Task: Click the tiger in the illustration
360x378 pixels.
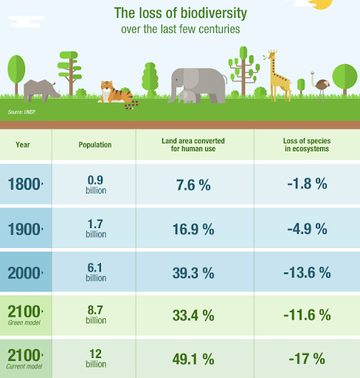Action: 117,94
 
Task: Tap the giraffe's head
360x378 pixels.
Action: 271,55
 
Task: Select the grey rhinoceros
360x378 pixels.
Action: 41,90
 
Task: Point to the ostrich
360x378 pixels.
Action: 321,83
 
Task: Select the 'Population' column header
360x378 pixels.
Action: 95,145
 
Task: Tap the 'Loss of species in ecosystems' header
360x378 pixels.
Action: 305,145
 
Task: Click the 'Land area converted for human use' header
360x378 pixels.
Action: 194,145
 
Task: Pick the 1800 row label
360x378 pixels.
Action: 25,185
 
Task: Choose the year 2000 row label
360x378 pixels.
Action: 25,272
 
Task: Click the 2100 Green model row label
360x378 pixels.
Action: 25,315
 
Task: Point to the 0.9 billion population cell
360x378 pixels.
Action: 95,185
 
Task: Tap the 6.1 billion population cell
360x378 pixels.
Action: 95,272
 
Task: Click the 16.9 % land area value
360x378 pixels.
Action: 194,229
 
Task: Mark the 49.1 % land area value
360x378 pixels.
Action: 194,360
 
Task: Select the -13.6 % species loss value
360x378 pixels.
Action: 305,272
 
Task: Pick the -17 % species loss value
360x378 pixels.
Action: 305,360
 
